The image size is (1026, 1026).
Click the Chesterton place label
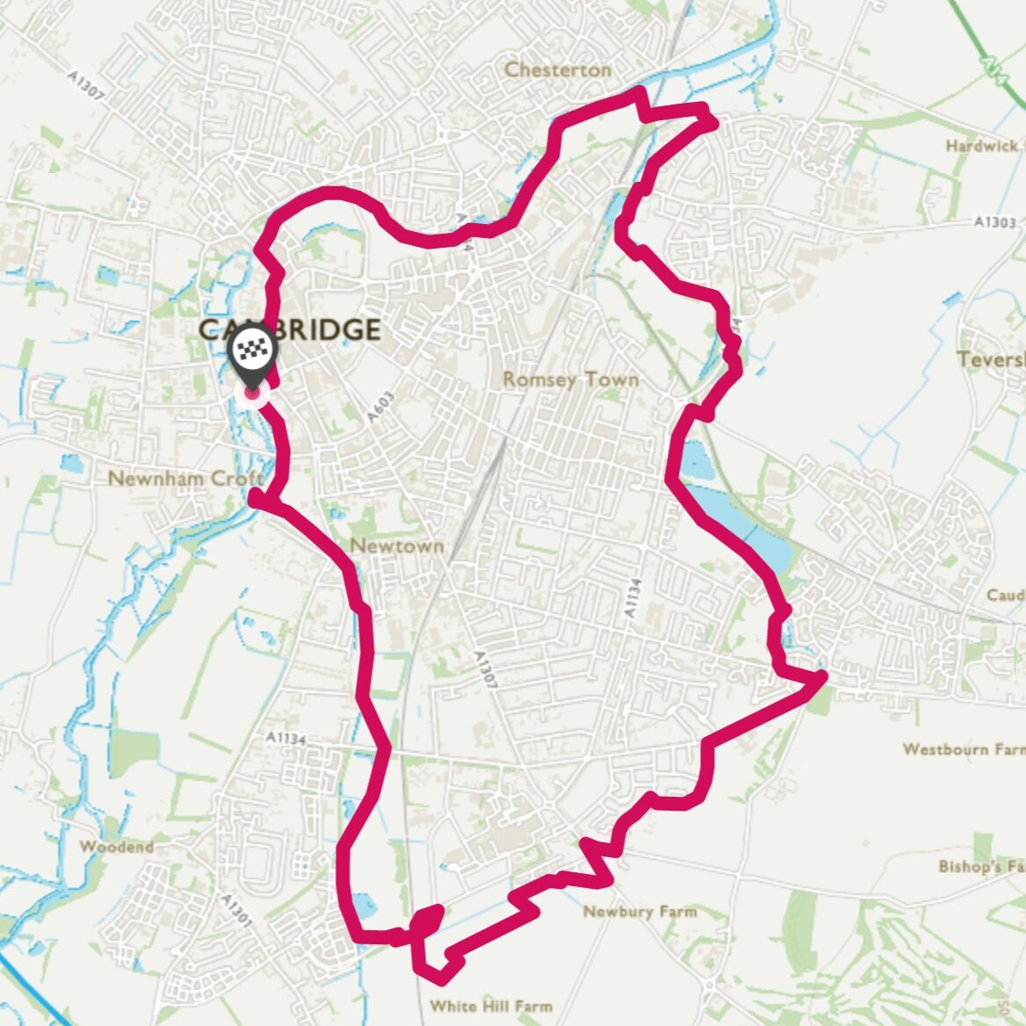[558, 69]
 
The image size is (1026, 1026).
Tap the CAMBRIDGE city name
[290, 330]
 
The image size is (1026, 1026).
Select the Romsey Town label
[570, 379]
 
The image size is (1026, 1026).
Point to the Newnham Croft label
[185, 479]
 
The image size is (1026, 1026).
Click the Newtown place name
[396, 546]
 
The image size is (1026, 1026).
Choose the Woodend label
[116, 847]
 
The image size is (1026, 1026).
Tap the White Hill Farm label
[491, 1006]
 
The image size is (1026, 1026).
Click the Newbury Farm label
[639, 911]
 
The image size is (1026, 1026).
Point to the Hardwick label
[983, 146]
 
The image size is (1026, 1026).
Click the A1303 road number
[994, 223]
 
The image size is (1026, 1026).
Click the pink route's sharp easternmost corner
[823, 675]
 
